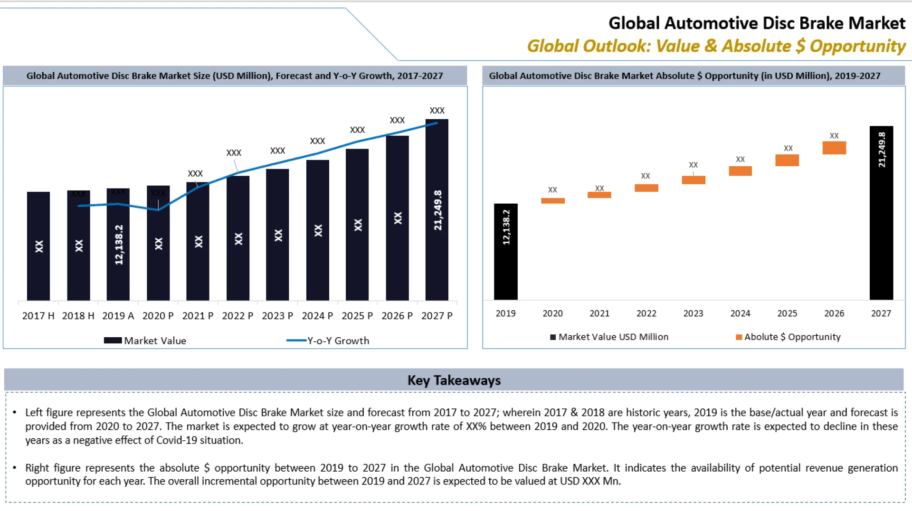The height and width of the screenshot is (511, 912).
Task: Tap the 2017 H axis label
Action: (38, 316)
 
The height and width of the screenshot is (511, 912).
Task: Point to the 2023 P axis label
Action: (277, 316)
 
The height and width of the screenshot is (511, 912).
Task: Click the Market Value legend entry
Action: (145, 341)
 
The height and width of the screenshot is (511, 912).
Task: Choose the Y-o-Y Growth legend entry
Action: (328, 341)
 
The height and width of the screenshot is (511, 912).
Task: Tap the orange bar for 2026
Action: (834, 148)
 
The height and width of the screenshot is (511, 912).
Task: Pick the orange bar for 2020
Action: (552, 201)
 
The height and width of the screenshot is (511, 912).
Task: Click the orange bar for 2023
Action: (693, 180)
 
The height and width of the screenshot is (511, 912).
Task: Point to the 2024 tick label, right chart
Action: (740, 313)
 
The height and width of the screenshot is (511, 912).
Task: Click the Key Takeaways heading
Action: (454, 380)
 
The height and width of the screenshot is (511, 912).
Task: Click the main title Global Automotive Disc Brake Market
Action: (757, 23)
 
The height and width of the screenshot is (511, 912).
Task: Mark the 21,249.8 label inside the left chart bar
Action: (438, 210)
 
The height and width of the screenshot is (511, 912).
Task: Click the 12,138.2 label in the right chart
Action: (506, 227)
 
